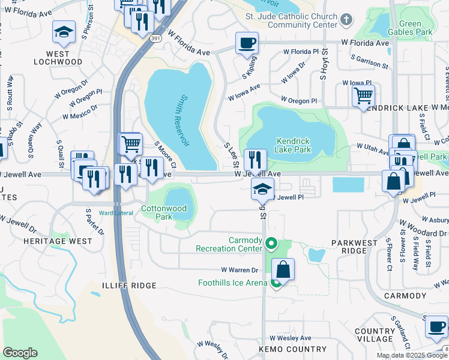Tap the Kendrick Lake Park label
(294, 145)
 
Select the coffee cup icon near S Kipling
(247, 43)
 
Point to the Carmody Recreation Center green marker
(271, 244)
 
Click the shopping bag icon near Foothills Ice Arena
(283, 269)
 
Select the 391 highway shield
(155, 38)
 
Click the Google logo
(20, 353)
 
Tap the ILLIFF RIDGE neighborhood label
(128, 286)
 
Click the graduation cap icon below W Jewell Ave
(262, 189)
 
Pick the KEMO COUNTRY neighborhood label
(284, 349)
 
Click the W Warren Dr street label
(239, 270)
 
